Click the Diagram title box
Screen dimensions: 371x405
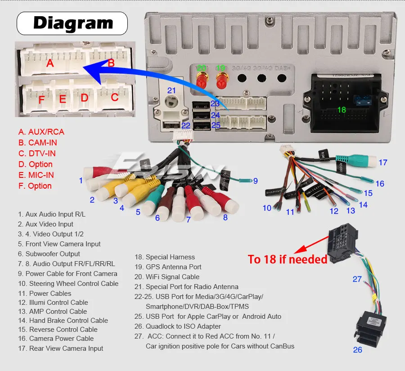click(72, 23)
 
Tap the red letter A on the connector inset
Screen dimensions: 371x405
click(50, 63)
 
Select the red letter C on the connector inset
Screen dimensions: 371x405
click(115, 97)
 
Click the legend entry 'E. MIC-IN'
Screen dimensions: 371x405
click(36, 175)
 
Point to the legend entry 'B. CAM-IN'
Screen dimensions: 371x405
click(37, 143)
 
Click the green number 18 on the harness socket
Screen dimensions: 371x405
click(342, 110)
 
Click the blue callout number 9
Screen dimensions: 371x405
click(255, 181)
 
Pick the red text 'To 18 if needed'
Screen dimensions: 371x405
click(288, 260)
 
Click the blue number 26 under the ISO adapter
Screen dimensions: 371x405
click(357, 349)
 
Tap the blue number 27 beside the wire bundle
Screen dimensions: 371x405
click(357, 279)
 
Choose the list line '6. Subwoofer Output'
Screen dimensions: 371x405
click(49, 254)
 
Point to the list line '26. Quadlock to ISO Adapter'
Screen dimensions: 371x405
click(178, 326)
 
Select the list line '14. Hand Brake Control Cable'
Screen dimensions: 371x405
click(63, 321)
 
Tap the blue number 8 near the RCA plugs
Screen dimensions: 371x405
click(225, 217)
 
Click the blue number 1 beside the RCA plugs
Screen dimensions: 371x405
click(81, 181)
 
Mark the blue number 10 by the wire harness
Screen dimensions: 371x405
click(267, 208)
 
